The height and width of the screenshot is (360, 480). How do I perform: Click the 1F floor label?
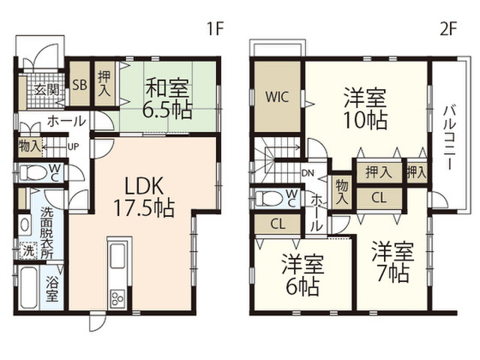215,29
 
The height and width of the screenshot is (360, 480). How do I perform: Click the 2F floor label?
448,29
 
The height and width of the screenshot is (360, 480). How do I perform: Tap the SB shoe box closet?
79,83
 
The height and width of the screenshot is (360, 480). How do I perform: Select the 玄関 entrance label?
46,90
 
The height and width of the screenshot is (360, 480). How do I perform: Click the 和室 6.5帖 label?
167,98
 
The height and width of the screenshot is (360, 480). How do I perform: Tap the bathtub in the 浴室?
28,287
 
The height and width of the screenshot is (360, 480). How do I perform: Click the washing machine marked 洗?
28,251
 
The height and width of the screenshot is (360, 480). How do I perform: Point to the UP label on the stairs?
73,147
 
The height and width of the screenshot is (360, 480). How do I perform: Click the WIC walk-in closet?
277,97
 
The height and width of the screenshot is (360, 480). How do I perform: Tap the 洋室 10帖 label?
365,109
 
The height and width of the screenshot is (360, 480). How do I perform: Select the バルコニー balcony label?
449,137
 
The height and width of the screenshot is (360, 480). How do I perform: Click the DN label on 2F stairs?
308,173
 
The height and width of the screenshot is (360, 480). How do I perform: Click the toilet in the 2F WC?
269,199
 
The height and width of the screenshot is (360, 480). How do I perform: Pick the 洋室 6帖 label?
303,274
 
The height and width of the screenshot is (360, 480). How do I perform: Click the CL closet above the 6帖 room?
277,224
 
